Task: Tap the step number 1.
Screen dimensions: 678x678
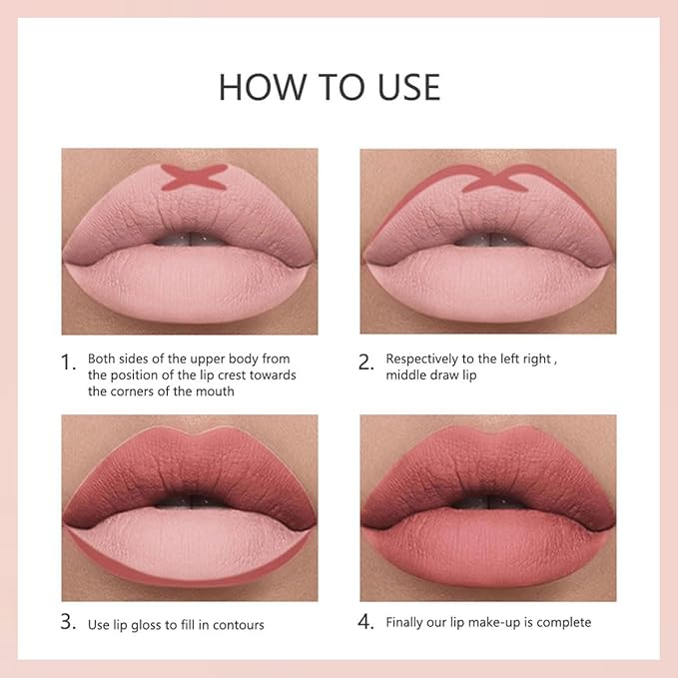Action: click(68, 363)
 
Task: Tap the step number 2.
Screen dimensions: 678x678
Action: click(365, 363)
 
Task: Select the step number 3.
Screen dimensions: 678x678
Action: click(68, 622)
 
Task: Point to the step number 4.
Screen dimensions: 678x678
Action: click(365, 622)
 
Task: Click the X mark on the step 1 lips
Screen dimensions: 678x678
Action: click(190, 179)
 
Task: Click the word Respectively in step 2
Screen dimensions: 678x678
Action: click(425, 357)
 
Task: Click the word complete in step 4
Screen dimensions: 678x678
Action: click(565, 622)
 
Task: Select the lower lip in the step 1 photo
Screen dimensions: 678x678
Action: click(190, 285)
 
